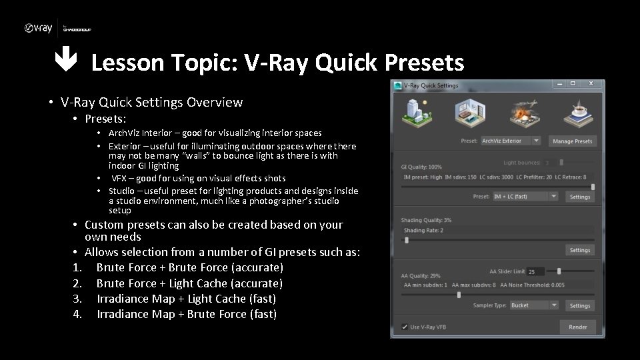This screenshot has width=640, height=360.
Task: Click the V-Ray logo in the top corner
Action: tap(38, 28)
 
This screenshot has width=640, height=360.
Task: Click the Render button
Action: tap(577, 327)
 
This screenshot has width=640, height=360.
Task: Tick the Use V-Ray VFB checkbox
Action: tap(405, 327)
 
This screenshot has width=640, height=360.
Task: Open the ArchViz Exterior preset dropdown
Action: tap(511, 141)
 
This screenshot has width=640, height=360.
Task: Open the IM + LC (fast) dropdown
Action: tap(524, 197)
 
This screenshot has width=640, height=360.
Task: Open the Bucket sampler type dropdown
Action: tap(533, 305)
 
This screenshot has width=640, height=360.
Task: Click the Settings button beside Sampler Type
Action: tap(579, 305)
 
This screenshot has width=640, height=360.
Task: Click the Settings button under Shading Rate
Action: tap(579, 250)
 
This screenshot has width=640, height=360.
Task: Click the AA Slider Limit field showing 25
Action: tap(535, 272)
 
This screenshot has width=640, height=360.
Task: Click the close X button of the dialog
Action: tap(590, 84)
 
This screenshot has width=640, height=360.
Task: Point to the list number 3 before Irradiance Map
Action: tap(76, 299)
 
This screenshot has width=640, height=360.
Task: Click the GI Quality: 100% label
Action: tap(421, 167)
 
